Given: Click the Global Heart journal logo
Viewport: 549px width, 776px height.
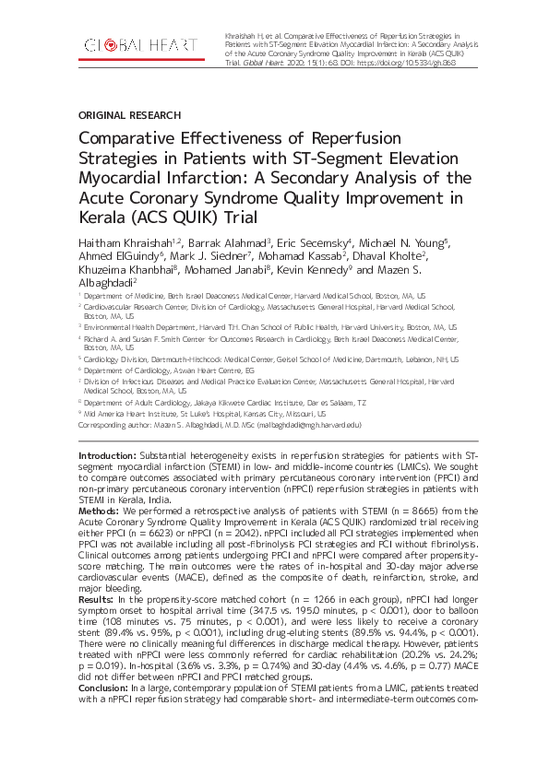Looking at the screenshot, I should (139, 44).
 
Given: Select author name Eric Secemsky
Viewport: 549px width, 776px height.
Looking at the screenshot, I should (316, 241).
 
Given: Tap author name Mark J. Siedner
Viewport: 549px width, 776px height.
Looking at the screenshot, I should (210, 255).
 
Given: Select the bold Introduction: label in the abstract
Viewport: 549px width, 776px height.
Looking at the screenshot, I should (107, 455).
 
